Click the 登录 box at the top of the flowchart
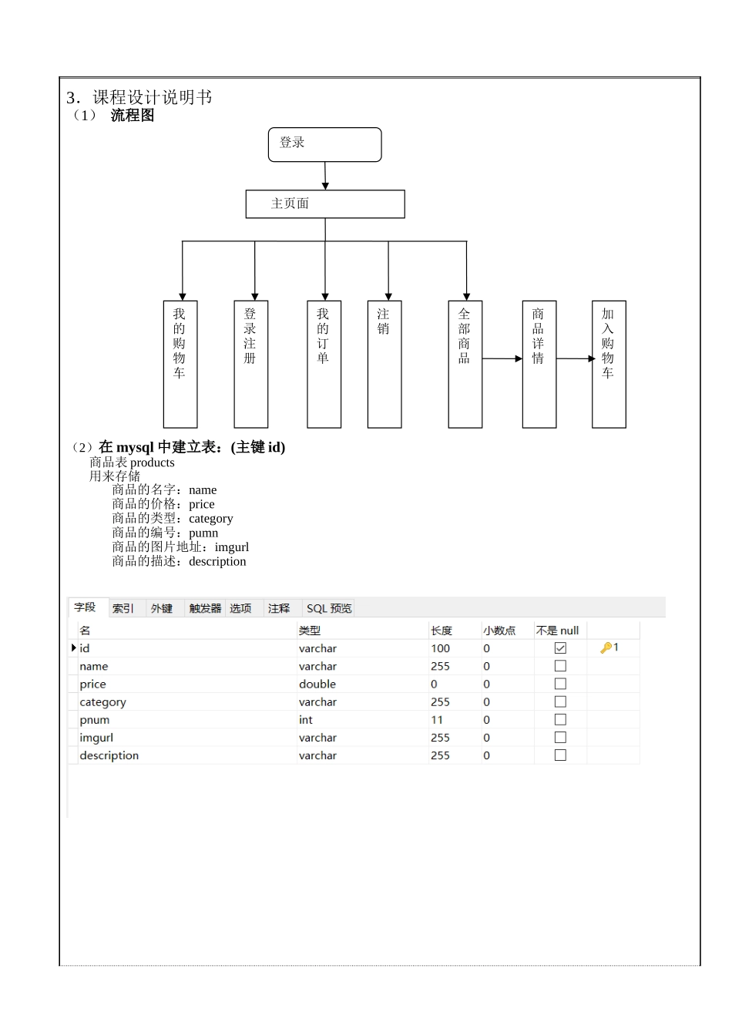(324, 144)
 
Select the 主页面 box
(324, 203)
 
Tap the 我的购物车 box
(180, 364)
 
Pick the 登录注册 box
(251, 364)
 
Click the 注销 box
(384, 364)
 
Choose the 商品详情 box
(539, 364)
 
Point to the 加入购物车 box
(609, 364)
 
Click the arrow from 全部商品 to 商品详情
(502, 358)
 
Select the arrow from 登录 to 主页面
(325, 176)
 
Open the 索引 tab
(123, 608)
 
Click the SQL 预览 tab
(329, 608)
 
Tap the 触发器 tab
(205, 608)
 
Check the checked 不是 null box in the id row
(560, 648)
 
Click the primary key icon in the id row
(606, 648)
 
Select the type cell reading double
(317, 684)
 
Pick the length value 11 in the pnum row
(437, 720)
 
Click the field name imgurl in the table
(96, 738)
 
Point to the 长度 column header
(442, 631)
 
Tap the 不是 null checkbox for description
(560, 755)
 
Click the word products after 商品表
(153, 462)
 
